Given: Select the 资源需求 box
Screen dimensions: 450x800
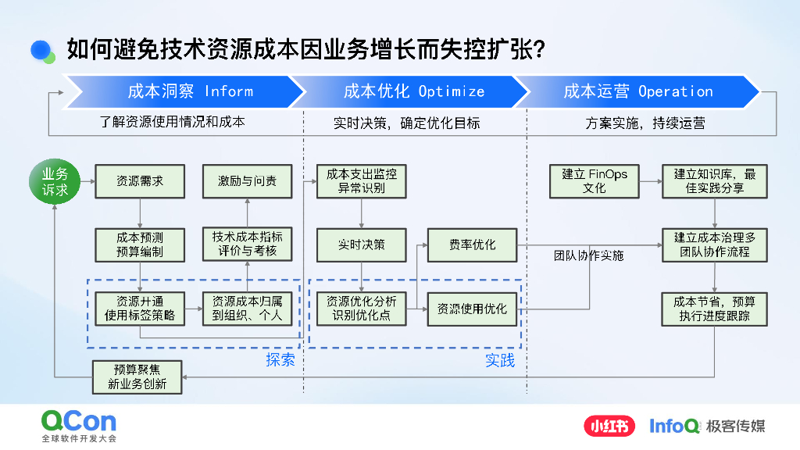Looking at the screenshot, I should click(x=140, y=181).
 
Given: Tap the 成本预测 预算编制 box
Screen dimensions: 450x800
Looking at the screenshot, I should click(x=140, y=245).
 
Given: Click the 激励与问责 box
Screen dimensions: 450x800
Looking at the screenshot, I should click(x=247, y=181).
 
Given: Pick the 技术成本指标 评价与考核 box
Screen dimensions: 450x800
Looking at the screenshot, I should click(x=247, y=245).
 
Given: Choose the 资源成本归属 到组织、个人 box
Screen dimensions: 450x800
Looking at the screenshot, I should click(x=247, y=309).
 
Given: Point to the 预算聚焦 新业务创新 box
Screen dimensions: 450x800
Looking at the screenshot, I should click(x=137, y=377).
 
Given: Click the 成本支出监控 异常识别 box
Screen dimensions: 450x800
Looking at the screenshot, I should click(x=362, y=181).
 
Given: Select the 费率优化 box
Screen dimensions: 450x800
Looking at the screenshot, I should click(x=473, y=245).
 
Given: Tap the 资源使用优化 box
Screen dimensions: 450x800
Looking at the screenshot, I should click(x=473, y=309).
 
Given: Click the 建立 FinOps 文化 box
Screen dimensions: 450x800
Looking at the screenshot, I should click(x=595, y=181).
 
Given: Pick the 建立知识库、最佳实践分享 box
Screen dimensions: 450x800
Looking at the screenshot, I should click(x=715, y=181).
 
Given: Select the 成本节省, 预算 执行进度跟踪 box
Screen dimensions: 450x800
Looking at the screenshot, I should click(x=715, y=309).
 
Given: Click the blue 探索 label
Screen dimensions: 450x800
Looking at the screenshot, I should click(x=280, y=360).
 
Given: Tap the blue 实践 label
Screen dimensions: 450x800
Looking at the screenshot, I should click(x=500, y=360).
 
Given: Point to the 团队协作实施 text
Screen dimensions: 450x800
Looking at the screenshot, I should click(x=589, y=255).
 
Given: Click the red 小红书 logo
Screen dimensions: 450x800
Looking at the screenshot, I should click(x=609, y=426).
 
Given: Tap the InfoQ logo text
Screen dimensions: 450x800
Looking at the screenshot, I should click(x=675, y=426).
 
